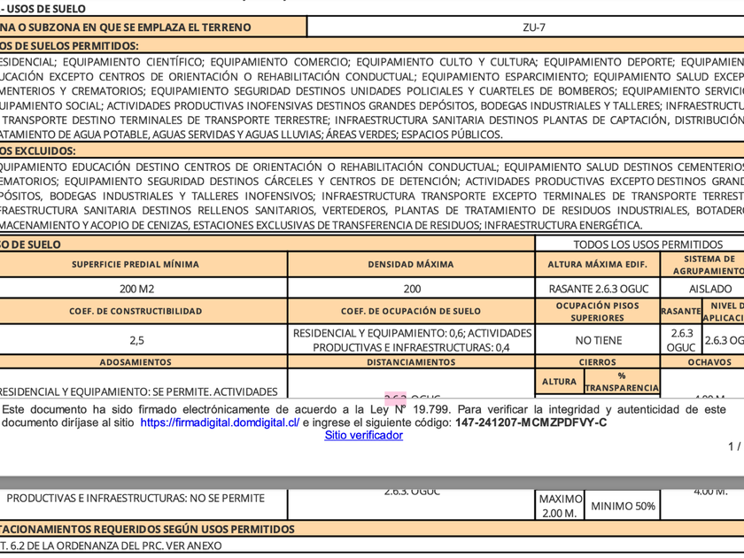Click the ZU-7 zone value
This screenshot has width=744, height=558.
(x=534, y=27)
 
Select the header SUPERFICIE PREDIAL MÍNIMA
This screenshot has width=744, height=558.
(x=136, y=264)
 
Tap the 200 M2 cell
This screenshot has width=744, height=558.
(x=136, y=289)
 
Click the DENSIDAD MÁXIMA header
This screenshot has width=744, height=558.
(x=411, y=264)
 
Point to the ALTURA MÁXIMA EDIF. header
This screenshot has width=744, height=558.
(x=597, y=264)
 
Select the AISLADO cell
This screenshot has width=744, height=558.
(x=710, y=289)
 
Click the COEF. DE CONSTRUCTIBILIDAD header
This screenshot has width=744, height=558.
(x=136, y=312)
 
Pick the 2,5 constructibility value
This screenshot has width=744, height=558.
(x=136, y=339)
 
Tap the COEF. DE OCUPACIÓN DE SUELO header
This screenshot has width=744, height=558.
(x=411, y=312)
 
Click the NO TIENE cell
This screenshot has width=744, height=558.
(x=598, y=340)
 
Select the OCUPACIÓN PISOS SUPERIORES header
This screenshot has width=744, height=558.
(x=597, y=312)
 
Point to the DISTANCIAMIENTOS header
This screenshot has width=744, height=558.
(x=411, y=362)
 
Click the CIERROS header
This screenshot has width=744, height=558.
(x=597, y=362)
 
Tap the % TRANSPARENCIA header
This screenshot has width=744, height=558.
(x=622, y=382)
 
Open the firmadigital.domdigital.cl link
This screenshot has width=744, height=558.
(x=220, y=423)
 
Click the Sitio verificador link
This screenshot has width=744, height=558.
(x=363, y=436)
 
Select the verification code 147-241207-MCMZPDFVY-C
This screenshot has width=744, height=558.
(x=531, y=423)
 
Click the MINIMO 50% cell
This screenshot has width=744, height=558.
(x=623, y=507)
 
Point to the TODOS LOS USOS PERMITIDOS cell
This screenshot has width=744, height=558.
(x=647, y=244)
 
